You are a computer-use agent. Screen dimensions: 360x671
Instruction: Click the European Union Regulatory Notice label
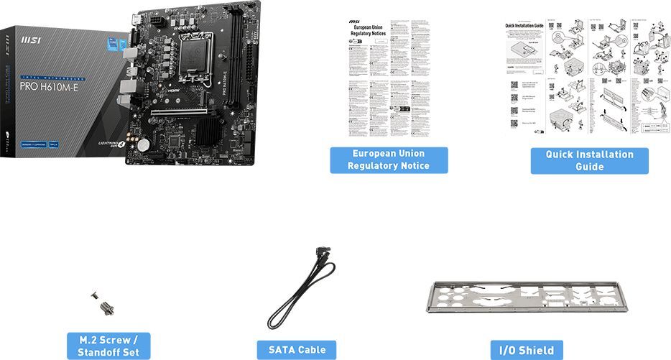coord(389,160)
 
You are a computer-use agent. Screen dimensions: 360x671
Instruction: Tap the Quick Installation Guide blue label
coord(589,160)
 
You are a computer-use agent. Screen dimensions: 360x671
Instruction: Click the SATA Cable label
coord(297,350)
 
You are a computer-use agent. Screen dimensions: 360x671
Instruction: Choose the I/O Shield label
coord(527,350)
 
